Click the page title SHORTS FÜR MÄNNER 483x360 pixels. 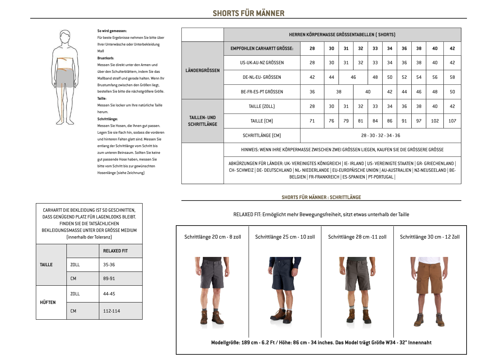tap(248, 13)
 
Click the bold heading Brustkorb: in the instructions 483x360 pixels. tap(106, 58)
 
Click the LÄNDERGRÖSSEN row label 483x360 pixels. tap(202, 70)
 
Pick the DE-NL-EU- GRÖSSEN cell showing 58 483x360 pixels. tap(452, 77)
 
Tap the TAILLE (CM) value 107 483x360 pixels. tap(452, 121)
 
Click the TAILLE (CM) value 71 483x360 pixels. tap(312, 121)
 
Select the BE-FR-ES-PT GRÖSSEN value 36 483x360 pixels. tap(312, 92)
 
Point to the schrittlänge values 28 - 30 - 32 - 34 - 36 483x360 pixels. tap(380, 136)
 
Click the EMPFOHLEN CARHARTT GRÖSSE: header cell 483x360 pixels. tap(262, 49)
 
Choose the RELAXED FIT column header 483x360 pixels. tap(115, 251)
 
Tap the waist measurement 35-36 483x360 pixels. tap(109, 265)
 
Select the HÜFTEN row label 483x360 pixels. tap(48, 302)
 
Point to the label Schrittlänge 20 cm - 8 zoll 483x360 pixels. tap(213, 237)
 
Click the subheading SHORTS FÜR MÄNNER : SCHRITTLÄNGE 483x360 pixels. tap(321, 197)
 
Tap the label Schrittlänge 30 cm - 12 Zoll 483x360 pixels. tap(430, 237)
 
